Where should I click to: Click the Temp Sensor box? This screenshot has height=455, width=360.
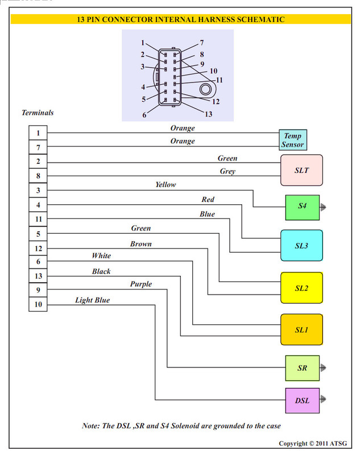click(x=293, y=140)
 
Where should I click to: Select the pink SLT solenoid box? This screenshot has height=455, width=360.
click(x=301, y=170)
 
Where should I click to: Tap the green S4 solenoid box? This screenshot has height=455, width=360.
click(x=302, y=207)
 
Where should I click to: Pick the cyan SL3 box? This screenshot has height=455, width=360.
click(x=301, y=246)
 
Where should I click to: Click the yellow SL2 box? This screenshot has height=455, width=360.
click(x=301, y=288)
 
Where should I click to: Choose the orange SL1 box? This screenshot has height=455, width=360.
click(x=301, y=330)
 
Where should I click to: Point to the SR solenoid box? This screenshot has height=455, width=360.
click(x=302, y=368)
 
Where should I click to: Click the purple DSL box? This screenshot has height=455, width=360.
click(x=302, y=400)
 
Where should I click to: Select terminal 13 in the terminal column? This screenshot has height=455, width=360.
click(x=38, y=276)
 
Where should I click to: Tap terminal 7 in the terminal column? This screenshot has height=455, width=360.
click(x=38, y=147)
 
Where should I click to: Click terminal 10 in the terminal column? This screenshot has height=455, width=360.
click(x=38, y=304)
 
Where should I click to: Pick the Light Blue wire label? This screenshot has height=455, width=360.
click(x=93, y=300)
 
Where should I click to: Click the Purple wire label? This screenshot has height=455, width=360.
click(x=141, y=284)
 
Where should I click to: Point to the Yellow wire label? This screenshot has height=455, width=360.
click(x=165, y=184)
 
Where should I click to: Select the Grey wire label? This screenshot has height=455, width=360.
click(x=227, y=171)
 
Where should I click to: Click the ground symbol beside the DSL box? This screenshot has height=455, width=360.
click(x=323, y=399)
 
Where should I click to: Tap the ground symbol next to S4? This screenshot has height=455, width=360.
click(x=323, y=207)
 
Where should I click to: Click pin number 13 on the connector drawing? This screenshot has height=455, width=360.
click(x=209, y=114)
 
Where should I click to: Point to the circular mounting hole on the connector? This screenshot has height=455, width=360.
click(x=205, y=89)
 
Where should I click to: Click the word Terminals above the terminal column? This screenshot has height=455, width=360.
click(x=38, y=113)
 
